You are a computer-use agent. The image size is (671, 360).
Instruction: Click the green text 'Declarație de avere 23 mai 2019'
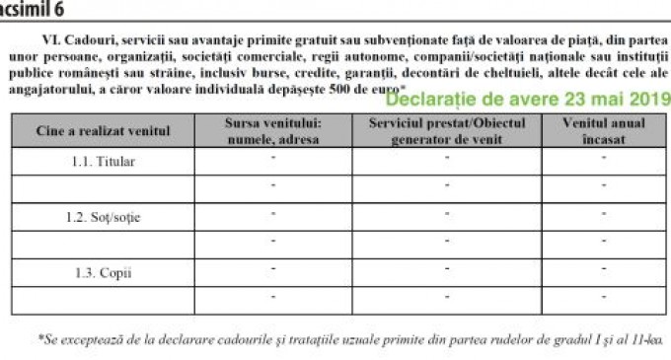[527, 100]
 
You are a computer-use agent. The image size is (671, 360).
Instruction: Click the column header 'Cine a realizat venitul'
[103, 131]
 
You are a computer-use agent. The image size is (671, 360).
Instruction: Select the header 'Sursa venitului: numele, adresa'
[272, 131]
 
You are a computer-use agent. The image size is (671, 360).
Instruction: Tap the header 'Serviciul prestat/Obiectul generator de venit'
[447, 131]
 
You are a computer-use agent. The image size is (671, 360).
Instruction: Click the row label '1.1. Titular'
[103, 161]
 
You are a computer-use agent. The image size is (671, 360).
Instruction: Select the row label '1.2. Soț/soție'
[103, 216]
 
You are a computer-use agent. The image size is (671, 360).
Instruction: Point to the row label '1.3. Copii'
[103, 272]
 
